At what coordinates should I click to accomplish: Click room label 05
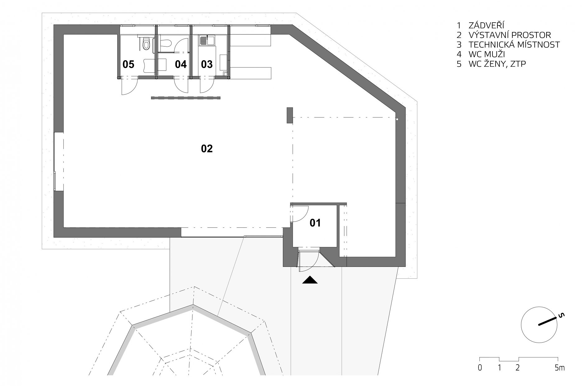(128, 65)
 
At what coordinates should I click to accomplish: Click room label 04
(181, 65)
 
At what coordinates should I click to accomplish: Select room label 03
(207, 65)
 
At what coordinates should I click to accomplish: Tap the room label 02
(207, 149)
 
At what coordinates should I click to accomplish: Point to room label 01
(315, 223)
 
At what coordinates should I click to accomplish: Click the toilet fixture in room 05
(146, 43)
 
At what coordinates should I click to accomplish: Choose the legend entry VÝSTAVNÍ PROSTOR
(510, 35)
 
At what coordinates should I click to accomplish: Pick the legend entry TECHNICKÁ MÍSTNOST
(514, 45)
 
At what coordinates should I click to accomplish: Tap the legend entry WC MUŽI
(487, 54)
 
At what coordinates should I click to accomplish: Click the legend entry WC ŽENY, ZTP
(497, 64)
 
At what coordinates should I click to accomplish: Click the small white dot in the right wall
(397, 119)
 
